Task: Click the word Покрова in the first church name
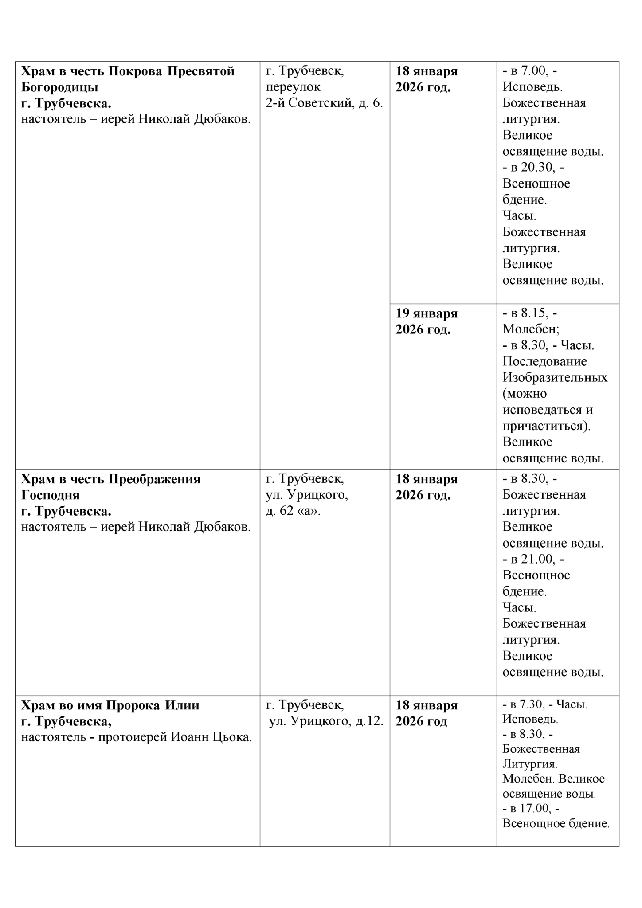point(136,71)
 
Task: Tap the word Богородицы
point(60,87)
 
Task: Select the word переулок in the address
point(293,87)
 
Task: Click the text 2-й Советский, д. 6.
point(324,103)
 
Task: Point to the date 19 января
point(427,313)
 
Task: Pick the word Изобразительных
point(555,377)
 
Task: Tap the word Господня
point(51,495)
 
